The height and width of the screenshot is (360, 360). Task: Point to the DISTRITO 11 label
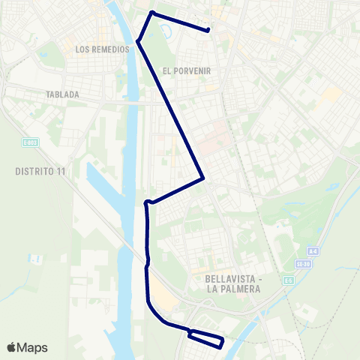coord(40,171)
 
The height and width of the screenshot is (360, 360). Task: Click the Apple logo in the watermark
coord(11,347)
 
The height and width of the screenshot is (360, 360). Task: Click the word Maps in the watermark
coord(32,347)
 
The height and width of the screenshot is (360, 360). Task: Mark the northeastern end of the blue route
coord(208,30)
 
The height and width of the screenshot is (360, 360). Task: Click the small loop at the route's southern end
coord(205,338)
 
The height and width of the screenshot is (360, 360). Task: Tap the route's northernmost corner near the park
coord(152,13)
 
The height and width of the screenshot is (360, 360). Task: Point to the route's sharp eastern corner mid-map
coord(203,178)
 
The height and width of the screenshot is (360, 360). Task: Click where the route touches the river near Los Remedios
coord(137,41)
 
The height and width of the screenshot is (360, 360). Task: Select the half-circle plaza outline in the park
coord(166,30)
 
